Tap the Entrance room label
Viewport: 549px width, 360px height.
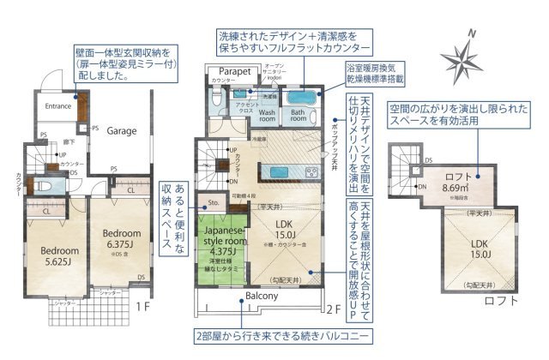(51, 106)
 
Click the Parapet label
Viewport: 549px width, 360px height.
(233, 72)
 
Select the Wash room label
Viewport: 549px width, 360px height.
(268, 117)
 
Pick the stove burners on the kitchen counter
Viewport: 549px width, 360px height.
(311, 172)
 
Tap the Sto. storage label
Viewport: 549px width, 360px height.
(214, 204)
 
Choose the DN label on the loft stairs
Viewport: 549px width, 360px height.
(421, 186)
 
